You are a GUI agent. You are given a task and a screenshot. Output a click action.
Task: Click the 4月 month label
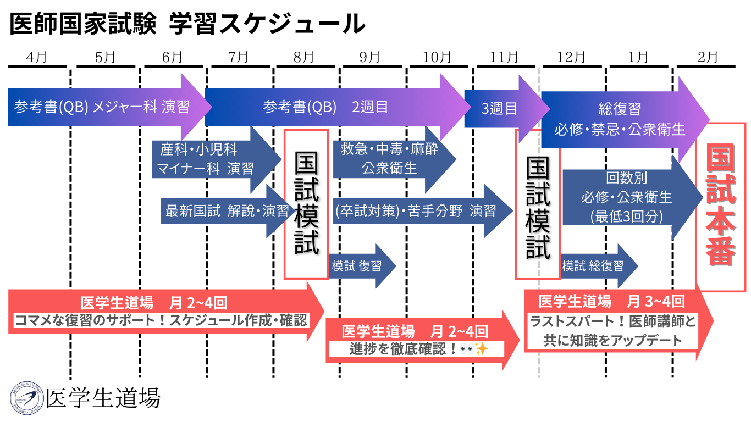pyautogui.click(x=36, y=57)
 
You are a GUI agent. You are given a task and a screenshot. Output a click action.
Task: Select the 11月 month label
pyautogui.click(x=505, y=57)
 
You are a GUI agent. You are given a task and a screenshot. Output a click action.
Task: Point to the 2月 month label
pyautogui.click(x=708, y=57)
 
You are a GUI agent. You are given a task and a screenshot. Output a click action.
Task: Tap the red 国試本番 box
pyautogui.click(x=721, y=206)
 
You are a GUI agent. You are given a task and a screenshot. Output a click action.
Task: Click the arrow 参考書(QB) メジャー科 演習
pyautogui.click(x=102, y=107)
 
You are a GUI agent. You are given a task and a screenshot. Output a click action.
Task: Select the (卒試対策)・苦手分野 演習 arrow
pyautogui.click(x=415, y=211)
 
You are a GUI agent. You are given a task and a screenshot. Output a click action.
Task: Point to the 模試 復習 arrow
pyautogui.click(x=357, y=266)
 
